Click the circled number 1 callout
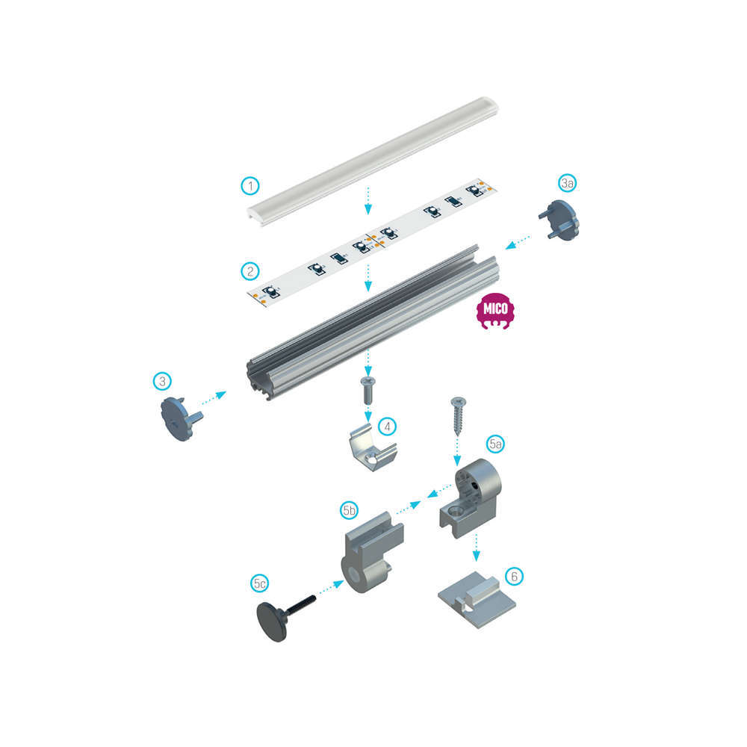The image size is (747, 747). [250, 186]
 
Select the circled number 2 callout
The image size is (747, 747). [250, 272]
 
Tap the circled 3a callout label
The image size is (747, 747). [567, 183]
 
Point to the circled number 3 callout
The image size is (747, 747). [162, 381]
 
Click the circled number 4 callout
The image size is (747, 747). [387, 427]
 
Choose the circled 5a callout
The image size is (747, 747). [495, 444]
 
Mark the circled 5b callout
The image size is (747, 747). [349, 511]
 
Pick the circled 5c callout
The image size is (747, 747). [260, 583]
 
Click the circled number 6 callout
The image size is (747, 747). [514, 577]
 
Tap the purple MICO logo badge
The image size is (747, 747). [495, 311]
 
